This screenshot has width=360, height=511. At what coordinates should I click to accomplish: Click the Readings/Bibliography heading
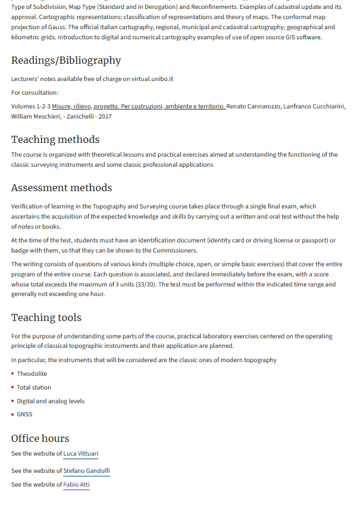pos(66,61)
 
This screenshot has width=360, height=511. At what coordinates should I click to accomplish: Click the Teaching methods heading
pos(55,140)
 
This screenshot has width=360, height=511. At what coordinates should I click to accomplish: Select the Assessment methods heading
pos(61,188)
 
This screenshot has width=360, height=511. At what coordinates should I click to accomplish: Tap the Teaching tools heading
pos(46,318)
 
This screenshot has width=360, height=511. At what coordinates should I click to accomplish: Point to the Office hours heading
pos(40,439)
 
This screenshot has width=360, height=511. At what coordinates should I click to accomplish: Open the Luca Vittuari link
pos(80,454)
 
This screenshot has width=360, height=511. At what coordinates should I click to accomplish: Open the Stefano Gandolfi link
pos(86,471)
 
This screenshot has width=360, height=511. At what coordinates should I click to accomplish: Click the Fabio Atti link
pos(76,485)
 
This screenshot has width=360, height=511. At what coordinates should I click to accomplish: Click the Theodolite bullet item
pos(32,374)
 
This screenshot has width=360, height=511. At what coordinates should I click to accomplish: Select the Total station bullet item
pos(34,388)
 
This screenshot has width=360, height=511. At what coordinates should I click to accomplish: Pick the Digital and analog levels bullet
pos(51,401)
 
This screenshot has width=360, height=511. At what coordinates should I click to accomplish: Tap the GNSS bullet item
pos(24,415)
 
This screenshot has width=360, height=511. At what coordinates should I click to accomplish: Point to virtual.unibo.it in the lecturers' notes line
pos(148,79)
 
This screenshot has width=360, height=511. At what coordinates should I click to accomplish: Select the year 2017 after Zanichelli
pos(105,117)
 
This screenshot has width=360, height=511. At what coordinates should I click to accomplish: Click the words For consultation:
pos(35,93)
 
